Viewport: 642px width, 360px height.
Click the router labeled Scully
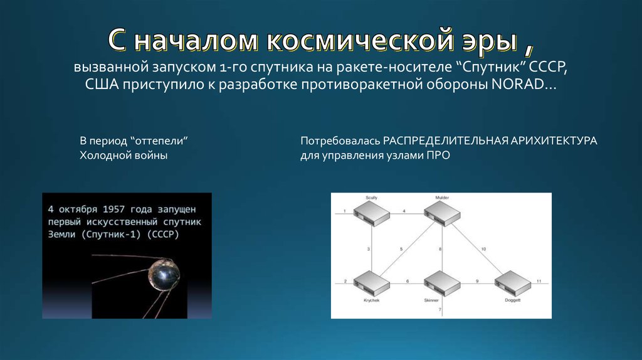pos(371,213)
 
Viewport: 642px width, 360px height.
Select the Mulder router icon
pos(442,213)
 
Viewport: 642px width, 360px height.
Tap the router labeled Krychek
pos(371,283)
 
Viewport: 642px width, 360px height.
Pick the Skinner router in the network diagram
pos(441,283)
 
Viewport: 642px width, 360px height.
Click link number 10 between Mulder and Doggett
pos(483,249)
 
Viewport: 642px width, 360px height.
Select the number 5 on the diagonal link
pos(402,250)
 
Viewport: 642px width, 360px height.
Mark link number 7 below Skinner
pos(439,310)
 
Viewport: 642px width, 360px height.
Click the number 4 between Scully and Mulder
pos(404,210)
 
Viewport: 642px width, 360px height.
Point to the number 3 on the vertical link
pos(369,250)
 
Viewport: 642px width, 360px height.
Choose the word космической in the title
pos(359,41)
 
